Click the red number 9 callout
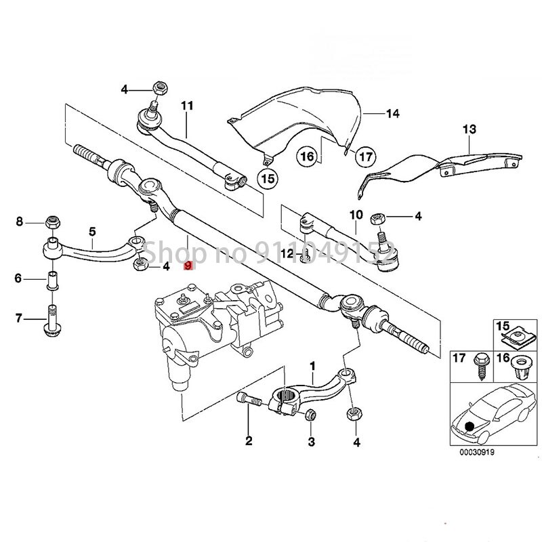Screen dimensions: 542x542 coord(189,267)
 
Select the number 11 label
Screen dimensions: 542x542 coord(187,105)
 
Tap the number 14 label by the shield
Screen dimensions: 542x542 coord(392,114)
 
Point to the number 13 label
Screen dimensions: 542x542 coord(469,129)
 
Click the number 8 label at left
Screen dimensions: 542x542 coord(20,221)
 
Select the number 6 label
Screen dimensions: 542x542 coord(20,278)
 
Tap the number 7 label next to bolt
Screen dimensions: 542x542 coord(20,317)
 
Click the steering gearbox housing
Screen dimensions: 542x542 coord(196,325)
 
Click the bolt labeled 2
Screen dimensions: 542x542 coord(250,400)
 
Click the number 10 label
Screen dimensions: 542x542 coord(356,215)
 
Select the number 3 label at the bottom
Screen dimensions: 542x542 coord(311,442)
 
